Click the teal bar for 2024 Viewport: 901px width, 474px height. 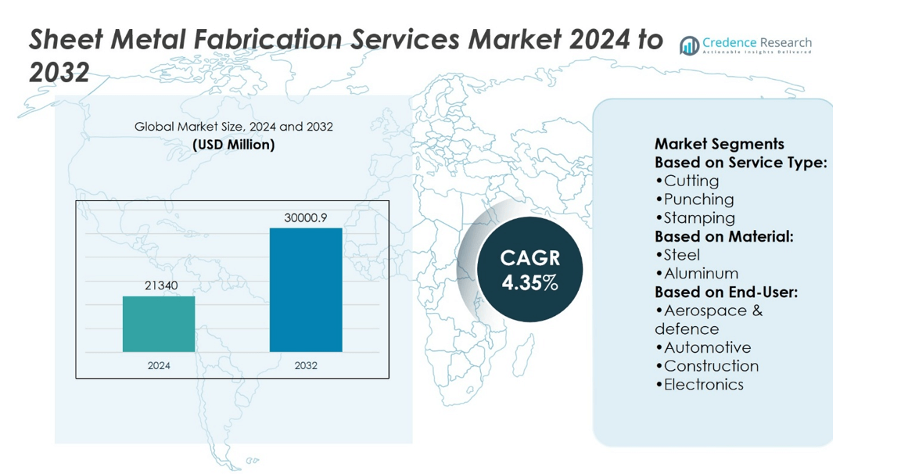[159, 324]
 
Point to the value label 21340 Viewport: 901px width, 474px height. [161, 285]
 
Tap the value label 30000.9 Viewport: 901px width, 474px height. [306, 217]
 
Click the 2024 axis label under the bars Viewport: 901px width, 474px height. [159, 365]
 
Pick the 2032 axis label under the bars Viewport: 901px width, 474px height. [306, 365]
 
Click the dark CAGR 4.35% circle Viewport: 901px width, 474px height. [530, 271]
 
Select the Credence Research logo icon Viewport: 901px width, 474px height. [689, 46]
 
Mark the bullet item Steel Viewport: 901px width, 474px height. [680, 255]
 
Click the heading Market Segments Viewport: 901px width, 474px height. [719, 144]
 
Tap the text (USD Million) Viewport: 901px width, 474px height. [234, 145]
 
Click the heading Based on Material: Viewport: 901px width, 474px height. [723, 236]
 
